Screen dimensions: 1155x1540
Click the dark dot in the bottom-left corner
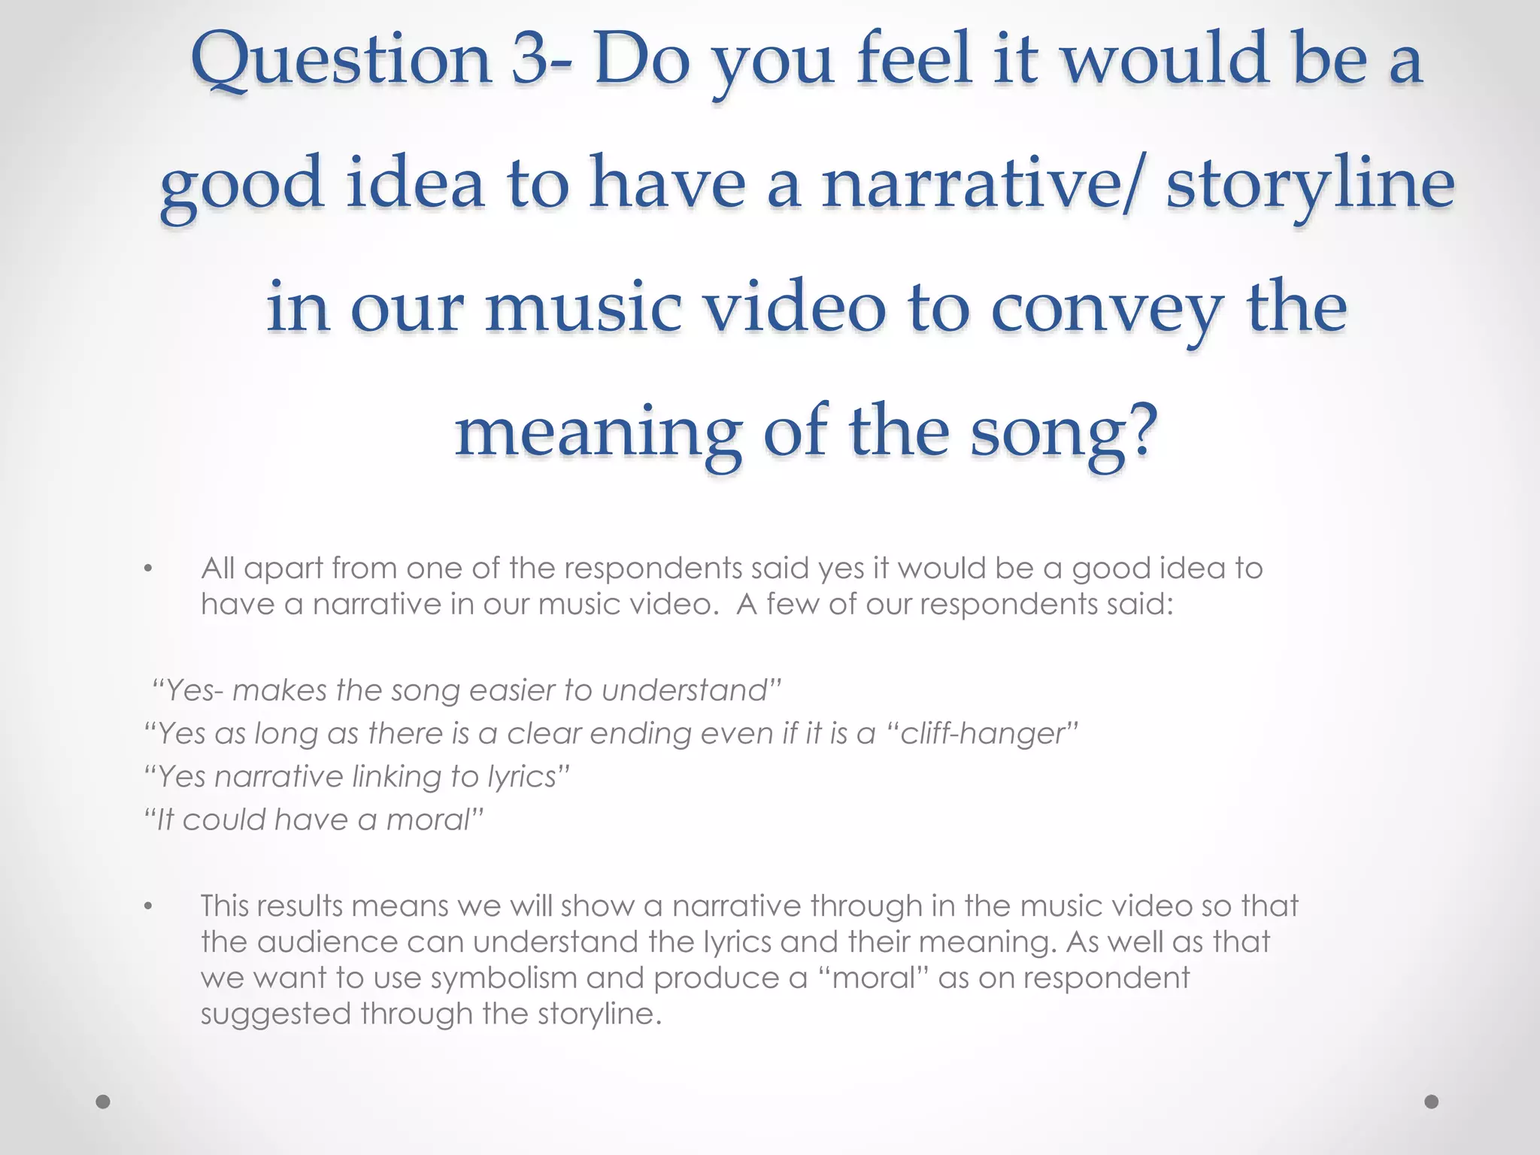104,1102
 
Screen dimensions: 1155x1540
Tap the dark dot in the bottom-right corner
1432,1102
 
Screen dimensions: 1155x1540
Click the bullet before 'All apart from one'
149,569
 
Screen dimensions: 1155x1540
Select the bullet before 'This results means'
149,907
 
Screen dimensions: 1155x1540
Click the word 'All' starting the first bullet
217,568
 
